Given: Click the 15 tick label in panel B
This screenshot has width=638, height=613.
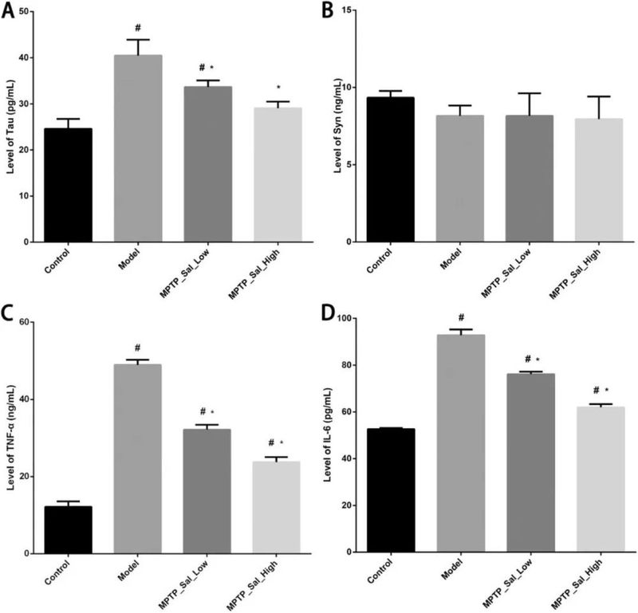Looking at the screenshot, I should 351,10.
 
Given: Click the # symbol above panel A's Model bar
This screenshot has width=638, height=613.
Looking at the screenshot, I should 138,27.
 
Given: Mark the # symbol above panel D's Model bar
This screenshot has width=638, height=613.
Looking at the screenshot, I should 461,317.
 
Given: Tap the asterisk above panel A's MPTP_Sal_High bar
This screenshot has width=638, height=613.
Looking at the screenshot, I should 278,88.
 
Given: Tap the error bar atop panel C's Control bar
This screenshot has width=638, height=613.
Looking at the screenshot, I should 68,501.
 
